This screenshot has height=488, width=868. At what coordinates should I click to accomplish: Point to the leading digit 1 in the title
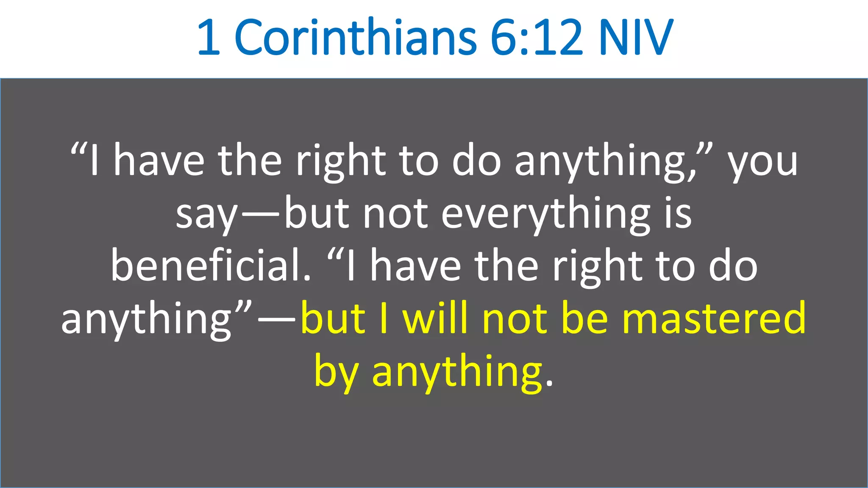(209, 38)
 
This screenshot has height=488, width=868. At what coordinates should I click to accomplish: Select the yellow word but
(333, 319)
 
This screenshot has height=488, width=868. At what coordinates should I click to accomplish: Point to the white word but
(317, 214)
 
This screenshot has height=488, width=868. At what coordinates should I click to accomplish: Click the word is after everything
(678, 214)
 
